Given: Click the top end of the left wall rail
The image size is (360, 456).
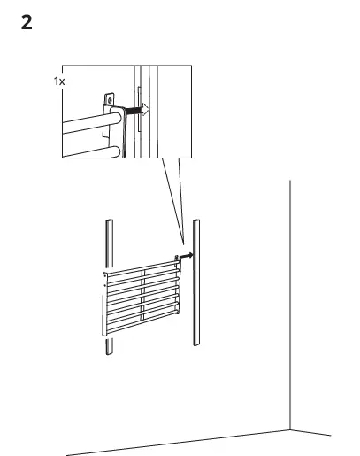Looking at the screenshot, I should tap(108, 221).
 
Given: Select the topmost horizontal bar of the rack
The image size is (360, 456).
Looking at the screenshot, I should tap(142, 265).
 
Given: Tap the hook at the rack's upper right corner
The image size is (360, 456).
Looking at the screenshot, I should tap(176, 258).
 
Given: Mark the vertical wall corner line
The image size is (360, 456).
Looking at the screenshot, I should tap(291, 292).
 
